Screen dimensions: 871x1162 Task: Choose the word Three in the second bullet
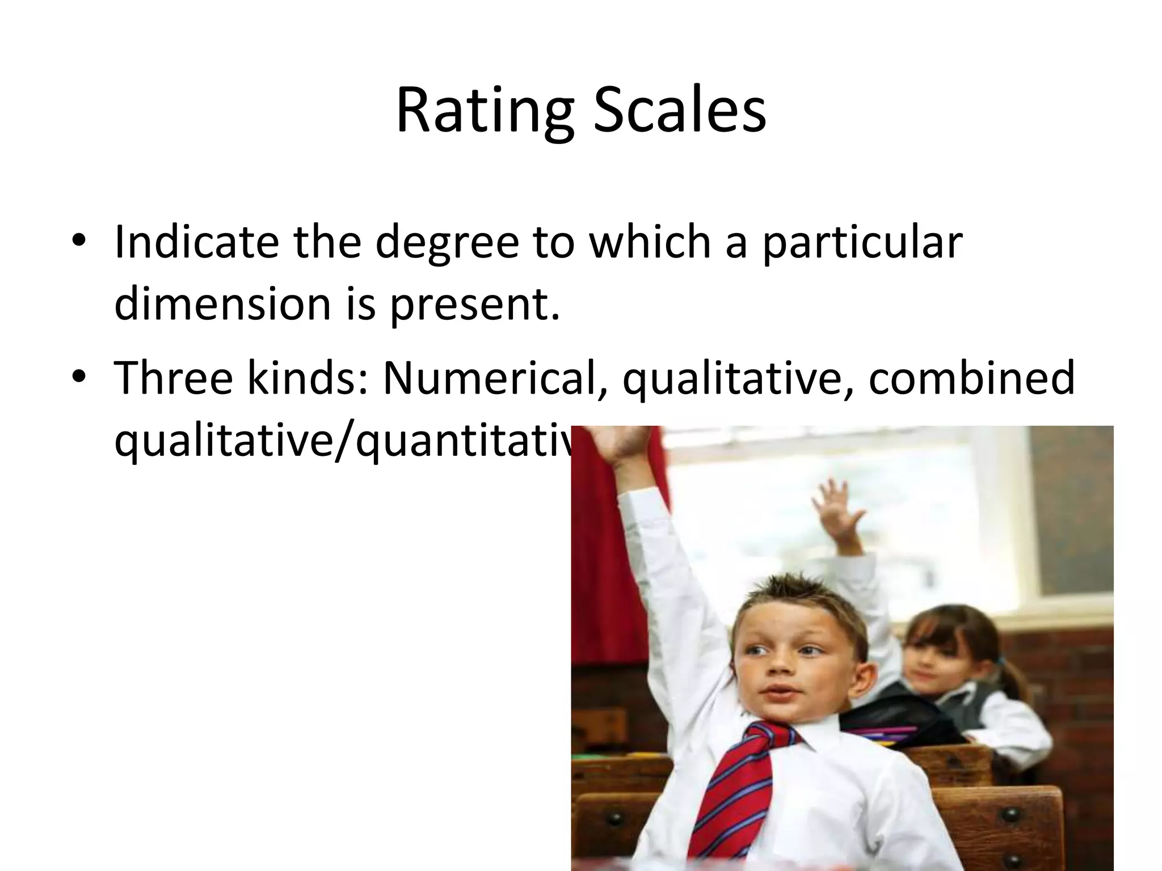[174, 377]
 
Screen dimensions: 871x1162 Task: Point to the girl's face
[931, 669]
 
